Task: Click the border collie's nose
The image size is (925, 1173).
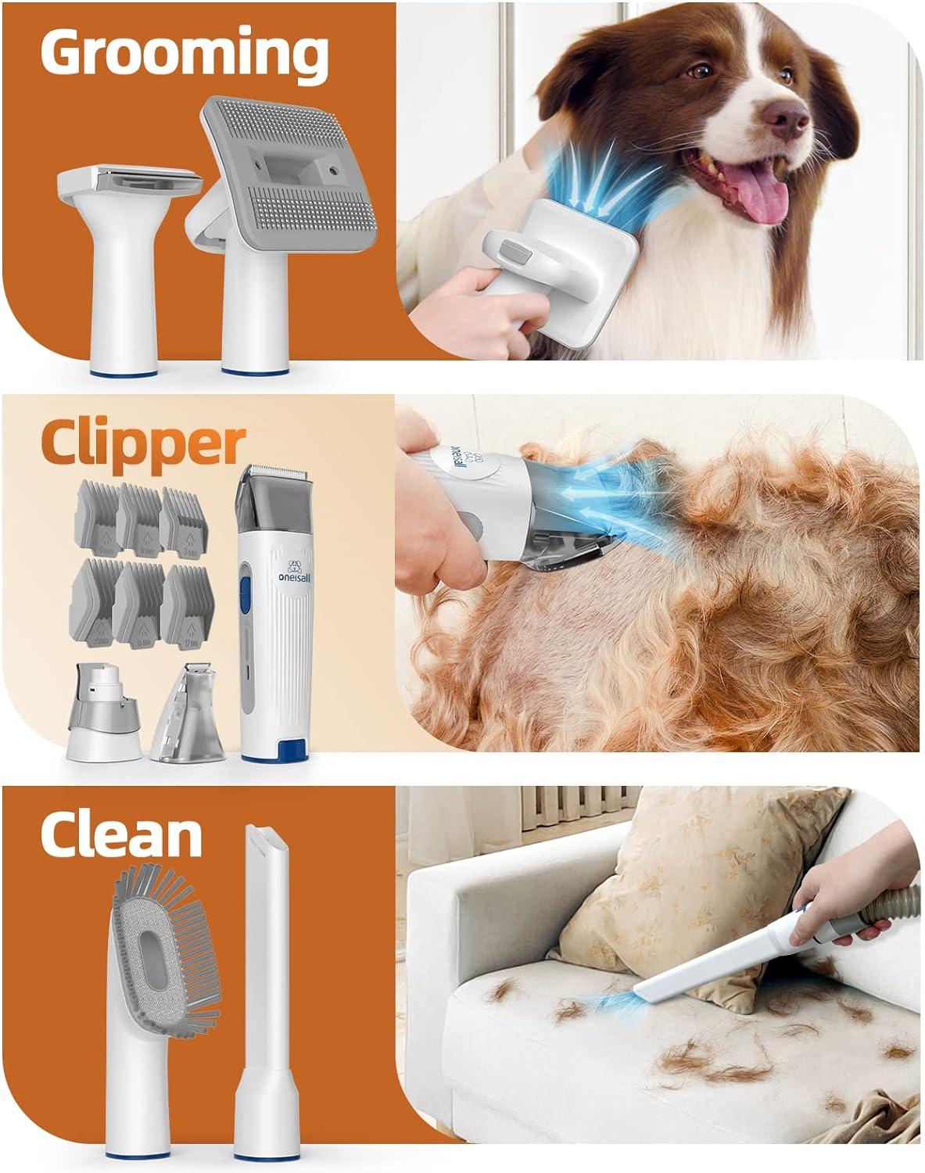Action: point(784,118)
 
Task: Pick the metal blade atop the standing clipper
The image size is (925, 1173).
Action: point(271,475)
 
